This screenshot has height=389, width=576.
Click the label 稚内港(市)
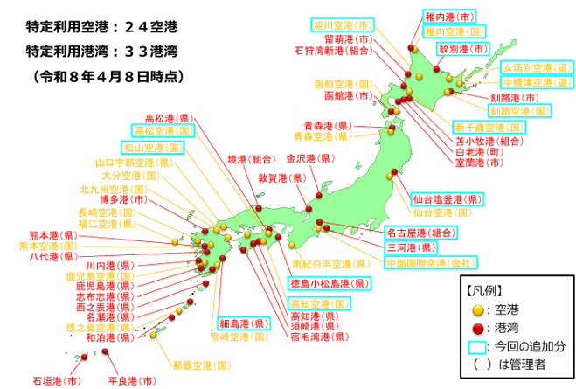tap(453, 16)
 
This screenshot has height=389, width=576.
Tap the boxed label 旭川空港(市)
tap(342, 24)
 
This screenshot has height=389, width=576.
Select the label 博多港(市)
tap(131, 199)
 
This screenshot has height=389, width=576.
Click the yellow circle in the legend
tap(476, 309)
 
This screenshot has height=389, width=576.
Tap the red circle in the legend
tap(476, 328)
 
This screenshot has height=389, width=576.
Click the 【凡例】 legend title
tap(485, 288)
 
